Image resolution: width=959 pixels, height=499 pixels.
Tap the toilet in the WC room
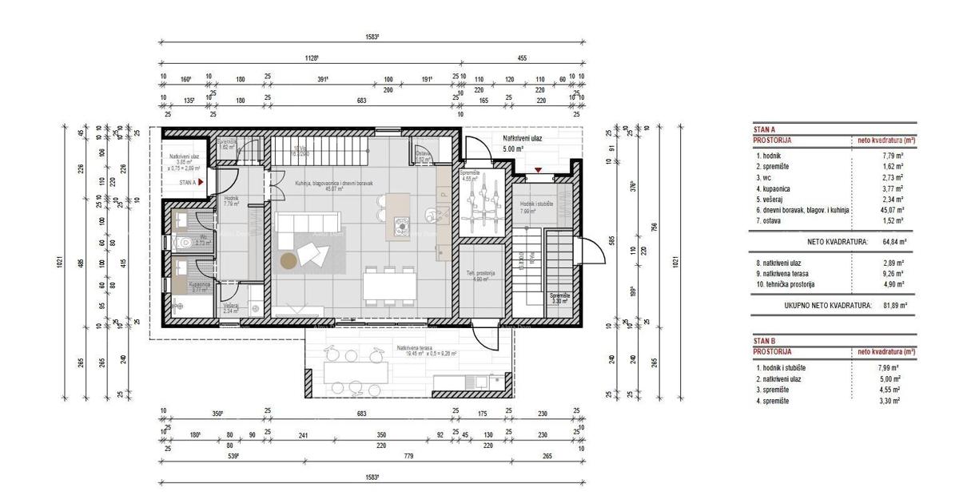click(x=182, y=243)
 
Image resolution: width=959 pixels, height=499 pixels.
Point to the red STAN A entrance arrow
click(x=201, y=182)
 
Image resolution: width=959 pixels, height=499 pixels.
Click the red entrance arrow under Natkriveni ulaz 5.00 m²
click(x=539, y=169)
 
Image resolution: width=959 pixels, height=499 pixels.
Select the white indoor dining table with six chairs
click(x=388, y=284)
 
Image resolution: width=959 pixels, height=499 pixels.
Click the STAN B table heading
click(x=766, y=341)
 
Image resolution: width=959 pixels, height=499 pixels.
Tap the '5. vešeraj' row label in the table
click(x=773, y=199)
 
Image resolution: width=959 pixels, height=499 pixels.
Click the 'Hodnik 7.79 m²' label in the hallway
click(x=233, y=201)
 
